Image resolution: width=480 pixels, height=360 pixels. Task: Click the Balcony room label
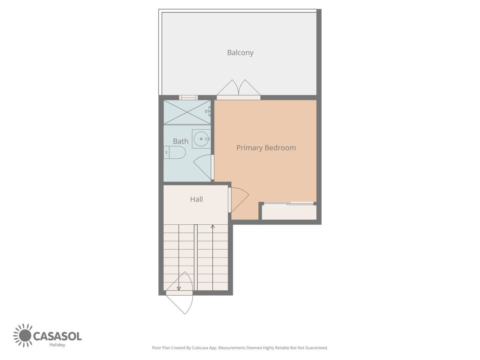(240, 53)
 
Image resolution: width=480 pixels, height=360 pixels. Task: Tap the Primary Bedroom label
(266, 148)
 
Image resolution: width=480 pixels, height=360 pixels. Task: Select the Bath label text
(180, 141)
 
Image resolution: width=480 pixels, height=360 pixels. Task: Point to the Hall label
(196, 199)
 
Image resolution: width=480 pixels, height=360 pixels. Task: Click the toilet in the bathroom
(174, 152)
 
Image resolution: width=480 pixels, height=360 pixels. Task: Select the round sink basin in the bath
(201, 139)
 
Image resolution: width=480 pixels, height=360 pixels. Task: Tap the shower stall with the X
(187, 112)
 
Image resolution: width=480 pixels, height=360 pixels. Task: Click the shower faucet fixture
(208, 111)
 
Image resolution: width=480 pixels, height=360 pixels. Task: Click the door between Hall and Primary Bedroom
(238, 200)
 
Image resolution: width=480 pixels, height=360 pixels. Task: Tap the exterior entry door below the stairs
(179, 293)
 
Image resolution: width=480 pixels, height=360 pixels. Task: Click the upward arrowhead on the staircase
(212, 227)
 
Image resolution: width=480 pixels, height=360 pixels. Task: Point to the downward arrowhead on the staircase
(179, 288)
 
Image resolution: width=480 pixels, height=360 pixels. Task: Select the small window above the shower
(188, 98)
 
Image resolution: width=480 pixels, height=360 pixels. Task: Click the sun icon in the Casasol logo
(23, 335)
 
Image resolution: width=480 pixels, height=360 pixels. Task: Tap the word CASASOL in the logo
(57, 336)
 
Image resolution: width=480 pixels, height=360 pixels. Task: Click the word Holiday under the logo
(57, 345)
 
